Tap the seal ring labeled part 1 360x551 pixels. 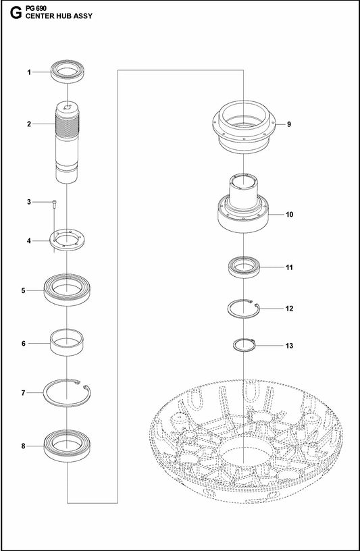[68, 71]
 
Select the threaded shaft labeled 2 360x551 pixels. [68, 142]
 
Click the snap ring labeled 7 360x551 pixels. [68, 392]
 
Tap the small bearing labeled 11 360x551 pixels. [242, 267]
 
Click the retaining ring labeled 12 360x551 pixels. [242, 309]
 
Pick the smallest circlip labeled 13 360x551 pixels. [242, 346]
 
